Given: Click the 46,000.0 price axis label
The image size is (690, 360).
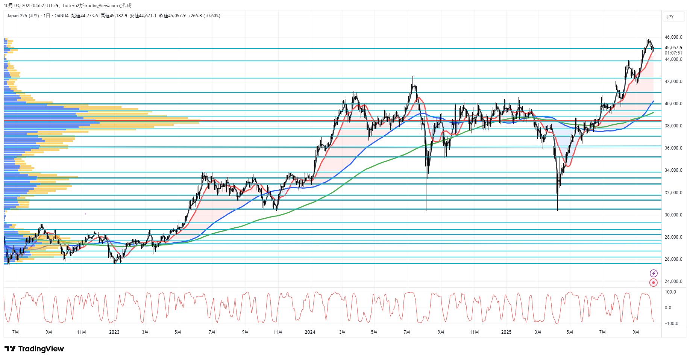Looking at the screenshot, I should (673, 37).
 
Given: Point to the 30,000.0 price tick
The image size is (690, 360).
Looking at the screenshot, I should (673, 215).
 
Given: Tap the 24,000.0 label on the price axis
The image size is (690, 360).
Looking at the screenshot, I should (673, 281).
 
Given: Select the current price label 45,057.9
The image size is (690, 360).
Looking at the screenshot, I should (673, 48).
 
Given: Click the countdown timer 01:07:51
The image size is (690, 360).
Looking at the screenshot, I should (673, 53).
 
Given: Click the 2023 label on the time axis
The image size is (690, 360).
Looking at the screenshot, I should (114, 332).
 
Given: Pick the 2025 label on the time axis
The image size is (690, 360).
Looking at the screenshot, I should (506, 332).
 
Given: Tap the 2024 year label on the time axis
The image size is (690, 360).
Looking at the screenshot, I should (310, 332).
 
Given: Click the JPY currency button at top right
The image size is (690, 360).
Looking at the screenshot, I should (670, 17).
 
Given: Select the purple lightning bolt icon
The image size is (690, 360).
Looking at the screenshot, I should (654, 273).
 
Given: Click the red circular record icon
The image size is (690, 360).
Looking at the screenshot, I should (654, 283).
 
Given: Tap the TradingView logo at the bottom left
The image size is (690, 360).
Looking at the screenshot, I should (34, 349).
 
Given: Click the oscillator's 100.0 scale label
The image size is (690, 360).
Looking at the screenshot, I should (670, 292).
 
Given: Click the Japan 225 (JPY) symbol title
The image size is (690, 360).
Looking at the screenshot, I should (23, 16).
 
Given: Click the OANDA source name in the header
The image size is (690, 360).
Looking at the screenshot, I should (62, 16).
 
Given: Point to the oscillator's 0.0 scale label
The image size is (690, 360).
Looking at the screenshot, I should (668, 308).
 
